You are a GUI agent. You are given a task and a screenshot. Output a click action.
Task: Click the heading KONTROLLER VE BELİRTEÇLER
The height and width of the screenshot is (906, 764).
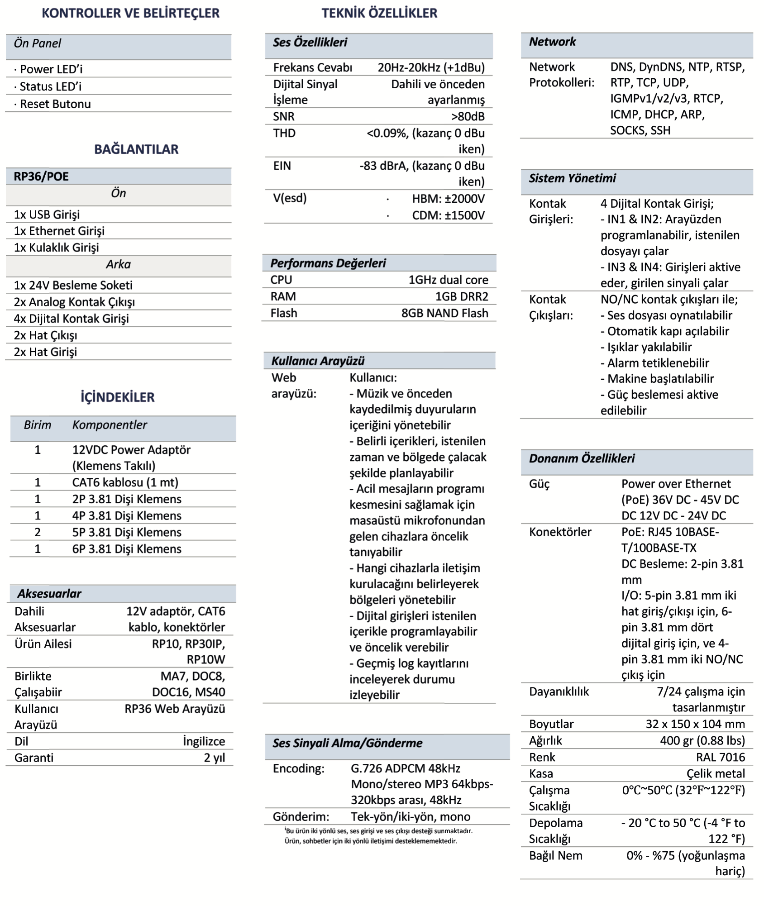[130, 13]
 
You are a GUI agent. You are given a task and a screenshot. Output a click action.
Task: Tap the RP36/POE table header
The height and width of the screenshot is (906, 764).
[41, 176]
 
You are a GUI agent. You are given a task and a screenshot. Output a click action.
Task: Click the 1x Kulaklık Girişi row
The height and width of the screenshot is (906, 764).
[56, 248]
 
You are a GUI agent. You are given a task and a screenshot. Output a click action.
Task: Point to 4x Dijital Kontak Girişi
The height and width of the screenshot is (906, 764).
[71, 319]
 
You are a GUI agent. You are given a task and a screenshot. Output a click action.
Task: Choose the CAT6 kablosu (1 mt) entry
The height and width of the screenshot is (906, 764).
[125, 482]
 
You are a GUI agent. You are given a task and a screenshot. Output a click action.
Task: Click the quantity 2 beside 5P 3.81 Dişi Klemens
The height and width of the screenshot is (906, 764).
[38, 532]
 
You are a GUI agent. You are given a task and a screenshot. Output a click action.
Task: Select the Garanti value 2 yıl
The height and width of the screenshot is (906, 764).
[214, 758]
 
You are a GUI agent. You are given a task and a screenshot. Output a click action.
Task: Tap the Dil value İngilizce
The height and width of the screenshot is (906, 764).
[204, 741]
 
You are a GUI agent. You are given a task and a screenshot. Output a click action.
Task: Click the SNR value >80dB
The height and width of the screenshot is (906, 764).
[468, 117]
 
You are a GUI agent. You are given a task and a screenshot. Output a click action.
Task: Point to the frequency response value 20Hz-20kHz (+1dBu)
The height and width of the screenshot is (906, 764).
[431, 68]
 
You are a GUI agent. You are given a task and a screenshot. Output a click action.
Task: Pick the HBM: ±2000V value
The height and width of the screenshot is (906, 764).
[448, 199]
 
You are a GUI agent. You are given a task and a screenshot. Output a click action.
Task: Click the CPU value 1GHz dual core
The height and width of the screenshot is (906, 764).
[448, 280]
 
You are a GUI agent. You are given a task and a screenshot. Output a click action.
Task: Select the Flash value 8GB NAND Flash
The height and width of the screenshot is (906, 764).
[444, 313]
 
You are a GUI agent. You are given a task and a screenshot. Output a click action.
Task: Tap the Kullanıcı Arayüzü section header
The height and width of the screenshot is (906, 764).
[318, 361]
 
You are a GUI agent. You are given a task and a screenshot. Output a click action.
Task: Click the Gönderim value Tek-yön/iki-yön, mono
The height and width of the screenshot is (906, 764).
[411, 816]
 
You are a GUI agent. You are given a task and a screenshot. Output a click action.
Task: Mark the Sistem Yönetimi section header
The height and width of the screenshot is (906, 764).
[572, 178]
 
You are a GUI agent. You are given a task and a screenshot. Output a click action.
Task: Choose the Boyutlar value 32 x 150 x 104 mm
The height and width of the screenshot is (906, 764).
[695, 724]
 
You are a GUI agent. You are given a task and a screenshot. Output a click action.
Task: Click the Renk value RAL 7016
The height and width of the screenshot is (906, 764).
[720, 757]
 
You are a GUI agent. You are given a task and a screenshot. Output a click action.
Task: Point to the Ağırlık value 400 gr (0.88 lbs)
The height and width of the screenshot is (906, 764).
[702, 740]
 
